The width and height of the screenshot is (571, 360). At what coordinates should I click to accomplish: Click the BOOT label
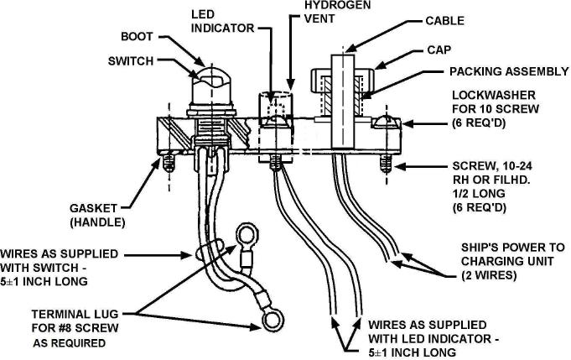tap(137, 36)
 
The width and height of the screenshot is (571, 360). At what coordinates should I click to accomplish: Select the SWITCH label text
tap(131, 61)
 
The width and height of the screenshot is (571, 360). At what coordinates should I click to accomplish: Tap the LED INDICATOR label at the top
tap(222, 22)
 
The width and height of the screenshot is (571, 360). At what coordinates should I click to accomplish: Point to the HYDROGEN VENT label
tap(337, 12)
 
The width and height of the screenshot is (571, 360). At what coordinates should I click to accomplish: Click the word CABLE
tap(444, 21)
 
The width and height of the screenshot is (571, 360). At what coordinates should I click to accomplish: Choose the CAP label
tap(439, 50)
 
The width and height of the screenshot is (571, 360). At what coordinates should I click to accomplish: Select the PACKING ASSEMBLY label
tap(509, 71)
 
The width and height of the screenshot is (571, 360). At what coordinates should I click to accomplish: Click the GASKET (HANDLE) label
tap(97, 215)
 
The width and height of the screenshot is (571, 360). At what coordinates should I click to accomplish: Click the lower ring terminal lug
tap(273, 320)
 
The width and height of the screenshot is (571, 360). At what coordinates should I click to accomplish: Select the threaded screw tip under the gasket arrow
tap(169, 164)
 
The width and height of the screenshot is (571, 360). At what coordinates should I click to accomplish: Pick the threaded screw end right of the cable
tap(386, 164)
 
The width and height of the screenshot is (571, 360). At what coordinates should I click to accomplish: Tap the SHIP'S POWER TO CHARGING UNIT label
tap(513, 261)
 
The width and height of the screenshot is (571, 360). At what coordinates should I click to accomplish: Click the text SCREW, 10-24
tap(492, 166)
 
